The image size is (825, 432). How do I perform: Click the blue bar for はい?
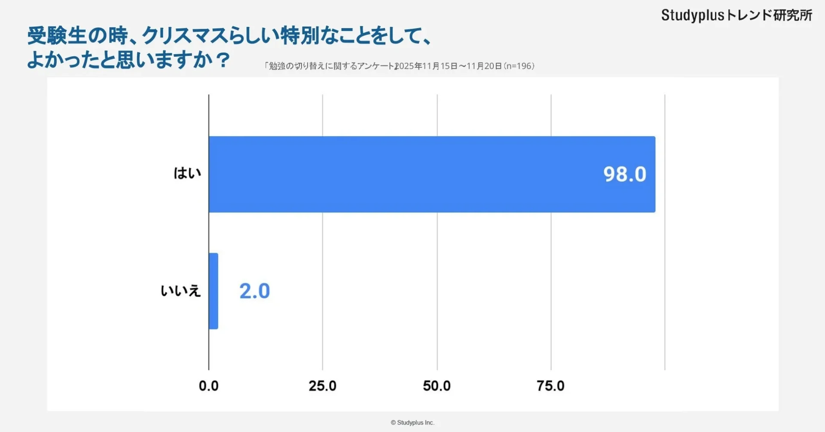pos(432,174)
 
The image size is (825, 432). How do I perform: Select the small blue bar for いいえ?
pos(214,291)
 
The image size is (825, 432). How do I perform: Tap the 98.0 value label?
pos(624,174)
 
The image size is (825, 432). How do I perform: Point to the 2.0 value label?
pos(254,291)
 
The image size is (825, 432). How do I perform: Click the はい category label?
pos(187,173)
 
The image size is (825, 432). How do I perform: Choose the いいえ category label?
pos(180,291)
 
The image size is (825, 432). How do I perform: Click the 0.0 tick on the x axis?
pos(208,386)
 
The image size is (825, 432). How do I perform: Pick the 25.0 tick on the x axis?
pos(322,386)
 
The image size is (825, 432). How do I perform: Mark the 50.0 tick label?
pos(437,386)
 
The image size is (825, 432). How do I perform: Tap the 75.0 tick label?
pos(550,386)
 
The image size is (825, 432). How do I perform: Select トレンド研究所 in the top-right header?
pos(769,15)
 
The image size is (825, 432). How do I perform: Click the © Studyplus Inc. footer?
pos(412,423)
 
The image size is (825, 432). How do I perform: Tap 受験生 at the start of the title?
pos(57,36)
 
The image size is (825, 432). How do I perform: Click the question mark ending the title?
pos(223,60)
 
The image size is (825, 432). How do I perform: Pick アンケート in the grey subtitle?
pos(376,66)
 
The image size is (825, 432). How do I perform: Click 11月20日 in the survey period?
pos(484,66)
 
